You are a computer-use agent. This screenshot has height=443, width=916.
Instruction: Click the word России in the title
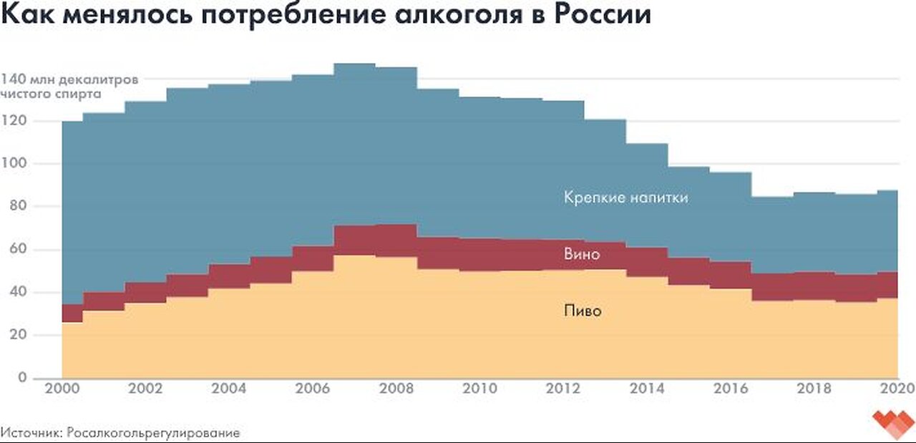click(599, 16)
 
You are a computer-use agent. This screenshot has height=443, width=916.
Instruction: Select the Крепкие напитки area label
click(626, 198)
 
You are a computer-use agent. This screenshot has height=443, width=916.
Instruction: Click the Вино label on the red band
click(582, 254)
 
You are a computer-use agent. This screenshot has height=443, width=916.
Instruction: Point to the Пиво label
click(582, 311)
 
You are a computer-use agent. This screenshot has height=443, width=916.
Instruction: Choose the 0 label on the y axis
click(21, 378)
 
